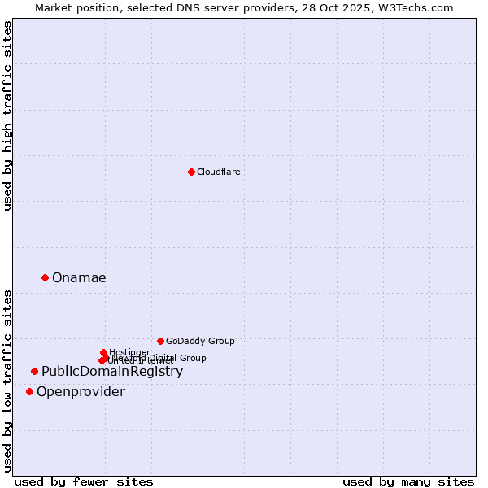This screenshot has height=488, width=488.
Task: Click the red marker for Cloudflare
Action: point(191,172)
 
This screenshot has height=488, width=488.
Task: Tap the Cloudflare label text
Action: point(218,172)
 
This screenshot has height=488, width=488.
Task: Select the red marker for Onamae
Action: point(45,277)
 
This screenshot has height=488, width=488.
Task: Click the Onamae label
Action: point(79,278)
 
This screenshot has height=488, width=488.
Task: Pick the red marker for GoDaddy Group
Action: point(160,341)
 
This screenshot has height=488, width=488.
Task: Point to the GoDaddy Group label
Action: point(200,341)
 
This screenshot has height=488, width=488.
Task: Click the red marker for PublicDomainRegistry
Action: point(34,371)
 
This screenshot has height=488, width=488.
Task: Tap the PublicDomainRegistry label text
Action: point(112,372)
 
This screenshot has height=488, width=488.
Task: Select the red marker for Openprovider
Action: point(29,391)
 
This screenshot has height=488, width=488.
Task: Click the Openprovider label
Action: point(81,392)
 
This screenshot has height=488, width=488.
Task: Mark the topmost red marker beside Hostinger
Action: point(103,352)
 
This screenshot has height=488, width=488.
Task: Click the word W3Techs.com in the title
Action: point(420,7)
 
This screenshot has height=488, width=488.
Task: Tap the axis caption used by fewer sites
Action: point(84,481)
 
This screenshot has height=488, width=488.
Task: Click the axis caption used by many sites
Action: point(408,481)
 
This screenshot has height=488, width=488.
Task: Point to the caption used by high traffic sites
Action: point(8,115)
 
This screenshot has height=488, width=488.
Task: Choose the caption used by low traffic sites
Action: point(8,380)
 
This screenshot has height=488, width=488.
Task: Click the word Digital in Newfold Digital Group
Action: point(161,358)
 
